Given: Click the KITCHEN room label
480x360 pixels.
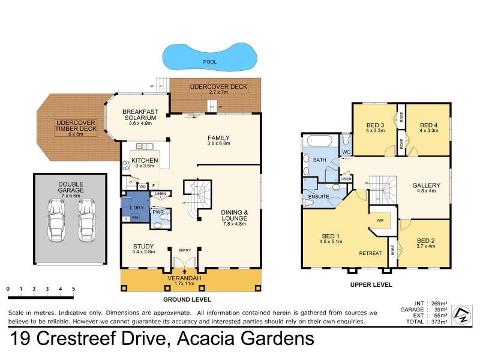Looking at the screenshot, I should [x=145, y=161].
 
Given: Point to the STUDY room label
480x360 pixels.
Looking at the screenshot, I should [x=144, y=246].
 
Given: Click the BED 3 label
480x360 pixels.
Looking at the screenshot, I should [x=375, y=125].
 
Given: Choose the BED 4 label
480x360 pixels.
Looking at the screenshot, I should [x=429, y=125].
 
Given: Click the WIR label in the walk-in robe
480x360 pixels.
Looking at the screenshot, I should [x=380, y=220].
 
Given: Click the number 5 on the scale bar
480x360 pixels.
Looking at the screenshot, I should [x=73, y=289].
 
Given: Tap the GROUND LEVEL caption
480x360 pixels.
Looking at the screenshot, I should [x=187, y=299].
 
